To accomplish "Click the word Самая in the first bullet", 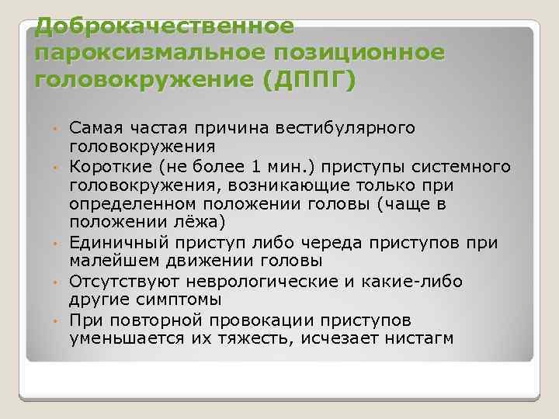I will [x=92, y=127].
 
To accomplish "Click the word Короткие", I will [x=106, y=167].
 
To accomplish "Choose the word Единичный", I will [x=112, y=242].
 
